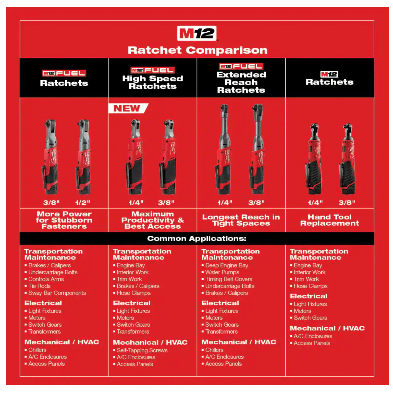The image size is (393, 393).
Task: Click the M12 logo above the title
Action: point(197,33)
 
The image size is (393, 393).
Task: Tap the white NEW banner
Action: point(128,108)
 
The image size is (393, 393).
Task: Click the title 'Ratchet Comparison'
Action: point(198,50)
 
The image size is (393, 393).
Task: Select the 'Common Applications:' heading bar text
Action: point(197,239)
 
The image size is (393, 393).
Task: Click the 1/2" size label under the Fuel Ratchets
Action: point(83,203)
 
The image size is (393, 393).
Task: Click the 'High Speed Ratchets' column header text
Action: point(153,82)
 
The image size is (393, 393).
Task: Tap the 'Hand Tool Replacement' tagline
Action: point(329,220)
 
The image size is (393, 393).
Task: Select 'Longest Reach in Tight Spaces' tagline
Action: point(241,220)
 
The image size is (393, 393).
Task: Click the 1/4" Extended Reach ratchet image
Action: point(224,149)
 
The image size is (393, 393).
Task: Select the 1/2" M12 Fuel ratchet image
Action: point(83,157)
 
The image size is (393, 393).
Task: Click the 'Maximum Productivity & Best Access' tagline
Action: point(153,220)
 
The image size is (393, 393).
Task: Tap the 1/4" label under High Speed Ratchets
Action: point(136,203)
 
